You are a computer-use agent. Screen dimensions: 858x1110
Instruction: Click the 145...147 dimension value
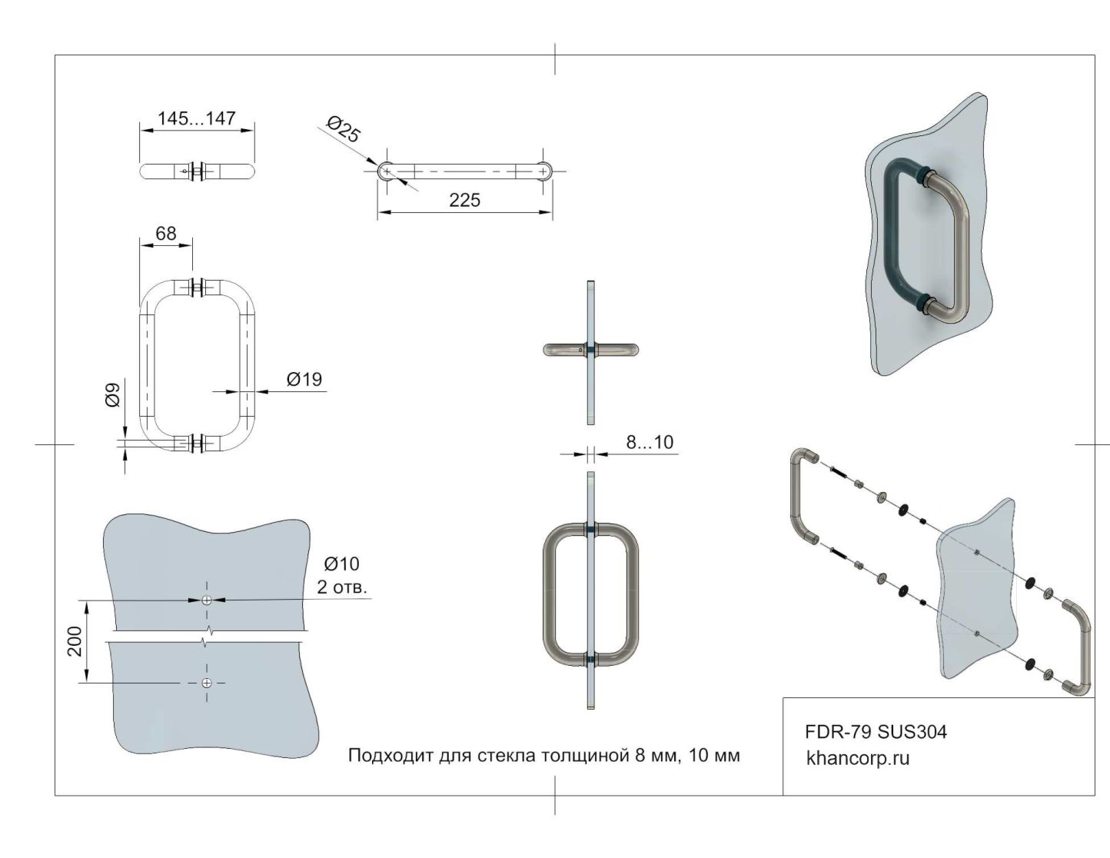(196, 118)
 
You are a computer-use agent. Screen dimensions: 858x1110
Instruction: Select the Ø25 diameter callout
(343, 129)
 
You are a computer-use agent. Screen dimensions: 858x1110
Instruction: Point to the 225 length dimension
(464, 201)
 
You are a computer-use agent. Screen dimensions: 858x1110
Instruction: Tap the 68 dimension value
(165, 233)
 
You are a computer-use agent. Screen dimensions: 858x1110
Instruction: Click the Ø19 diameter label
(304, 379)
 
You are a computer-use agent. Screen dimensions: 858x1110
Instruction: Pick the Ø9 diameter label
(113, 395)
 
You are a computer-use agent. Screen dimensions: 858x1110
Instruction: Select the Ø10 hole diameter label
(341, 564)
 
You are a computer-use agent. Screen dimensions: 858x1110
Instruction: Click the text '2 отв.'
(342, 588)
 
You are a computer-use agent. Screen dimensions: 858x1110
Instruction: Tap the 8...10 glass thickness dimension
(649, 442)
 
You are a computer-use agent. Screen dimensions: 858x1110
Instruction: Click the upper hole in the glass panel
(206, 600)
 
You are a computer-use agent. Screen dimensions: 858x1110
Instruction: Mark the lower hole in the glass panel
(206, 683)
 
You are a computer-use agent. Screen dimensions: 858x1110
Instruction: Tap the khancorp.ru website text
(857, 758)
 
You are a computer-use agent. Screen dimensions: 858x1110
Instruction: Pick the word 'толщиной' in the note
(585, 756)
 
